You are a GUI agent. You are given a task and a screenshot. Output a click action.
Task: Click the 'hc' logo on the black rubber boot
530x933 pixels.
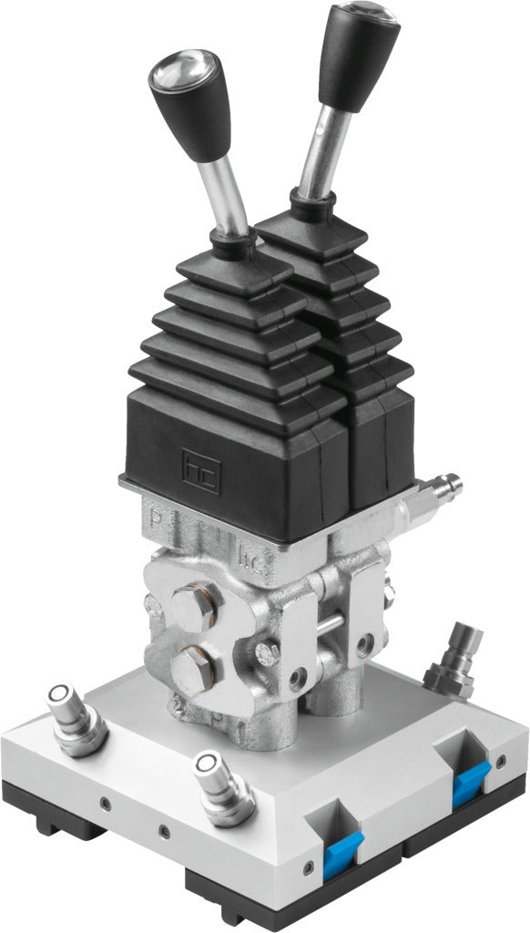200,470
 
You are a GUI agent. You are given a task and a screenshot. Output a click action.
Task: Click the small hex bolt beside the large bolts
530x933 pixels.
268,652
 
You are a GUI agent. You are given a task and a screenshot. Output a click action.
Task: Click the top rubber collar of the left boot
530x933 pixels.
231,244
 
